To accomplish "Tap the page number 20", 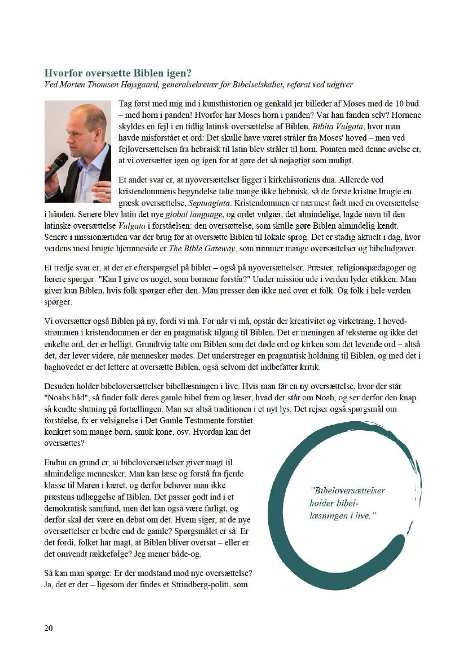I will tap(50, 628).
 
